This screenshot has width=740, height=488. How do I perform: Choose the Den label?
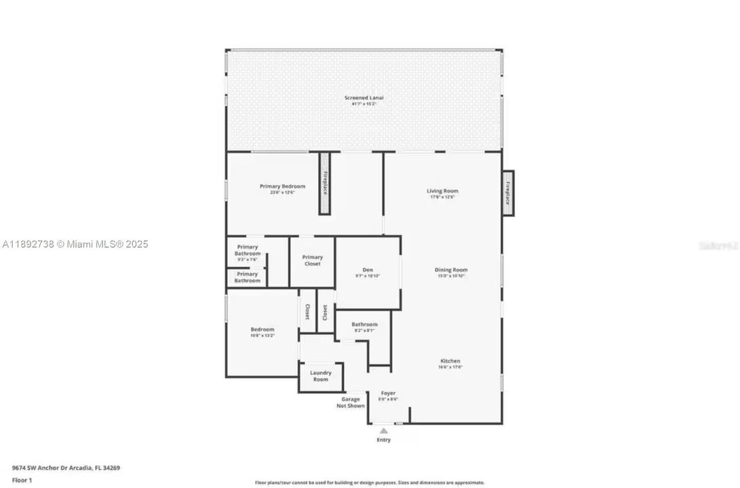[368, 272]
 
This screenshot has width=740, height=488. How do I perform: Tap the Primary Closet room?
[312, 260]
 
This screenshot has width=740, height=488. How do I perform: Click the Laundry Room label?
[320, 376]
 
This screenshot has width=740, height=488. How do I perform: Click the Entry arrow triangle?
[384, 430]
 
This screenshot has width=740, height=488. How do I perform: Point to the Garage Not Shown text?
[351, 403]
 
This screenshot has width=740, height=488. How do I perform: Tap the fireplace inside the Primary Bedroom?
[325, 183]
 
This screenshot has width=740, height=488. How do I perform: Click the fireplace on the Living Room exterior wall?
[507, 192]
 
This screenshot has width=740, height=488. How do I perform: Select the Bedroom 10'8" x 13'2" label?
[262, 332]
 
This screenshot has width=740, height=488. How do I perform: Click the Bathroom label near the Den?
[364, 327]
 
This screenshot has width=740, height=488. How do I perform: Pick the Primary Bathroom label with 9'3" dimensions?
[248, 252]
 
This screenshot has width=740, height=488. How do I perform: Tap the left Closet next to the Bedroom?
[307, 312]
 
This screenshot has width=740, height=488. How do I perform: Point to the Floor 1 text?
[22, 480]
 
